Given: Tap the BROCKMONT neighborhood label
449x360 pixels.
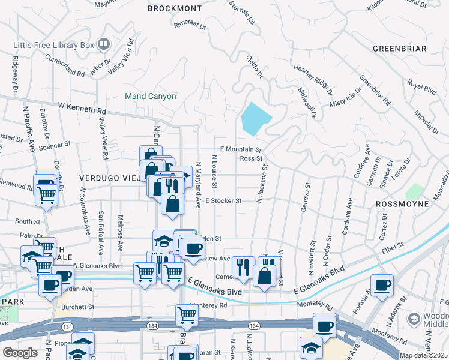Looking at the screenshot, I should click(x=175, y=8).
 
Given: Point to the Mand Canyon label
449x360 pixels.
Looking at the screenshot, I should click(x=150, y=96).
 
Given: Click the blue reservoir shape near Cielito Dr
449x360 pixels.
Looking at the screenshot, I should click(x=255, y=118).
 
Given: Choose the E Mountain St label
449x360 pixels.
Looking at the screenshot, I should click(x=241, y=149).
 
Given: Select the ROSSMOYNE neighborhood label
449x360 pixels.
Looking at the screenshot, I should click(x=402, y=204).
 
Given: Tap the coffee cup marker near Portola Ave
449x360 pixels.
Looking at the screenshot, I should click(x=382, y=286).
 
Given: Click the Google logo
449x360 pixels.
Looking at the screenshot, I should click(x=20, y=353).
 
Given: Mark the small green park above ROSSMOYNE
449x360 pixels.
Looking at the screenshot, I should click(x=414, y=192).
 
